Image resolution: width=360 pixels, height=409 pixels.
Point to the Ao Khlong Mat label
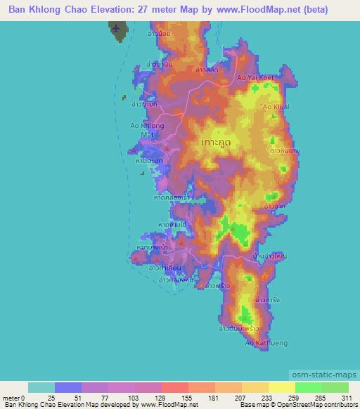coord(147,130)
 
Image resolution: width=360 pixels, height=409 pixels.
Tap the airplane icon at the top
coord(117,28)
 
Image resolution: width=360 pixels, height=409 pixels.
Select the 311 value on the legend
coord(345,398)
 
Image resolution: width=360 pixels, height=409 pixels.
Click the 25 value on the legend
coord(51,398)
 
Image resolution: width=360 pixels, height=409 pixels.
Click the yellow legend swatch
coord(282,387)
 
